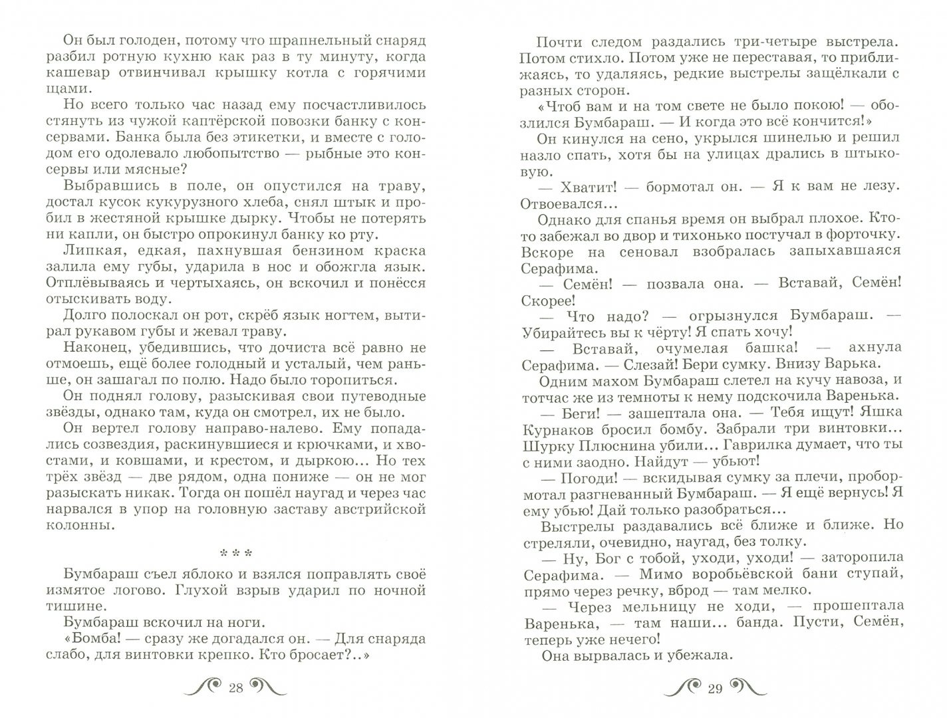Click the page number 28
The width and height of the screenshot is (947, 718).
pos(235,688)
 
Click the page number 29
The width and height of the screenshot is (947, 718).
pos(715,688)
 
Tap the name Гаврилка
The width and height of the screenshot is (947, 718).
pos(771,445)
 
